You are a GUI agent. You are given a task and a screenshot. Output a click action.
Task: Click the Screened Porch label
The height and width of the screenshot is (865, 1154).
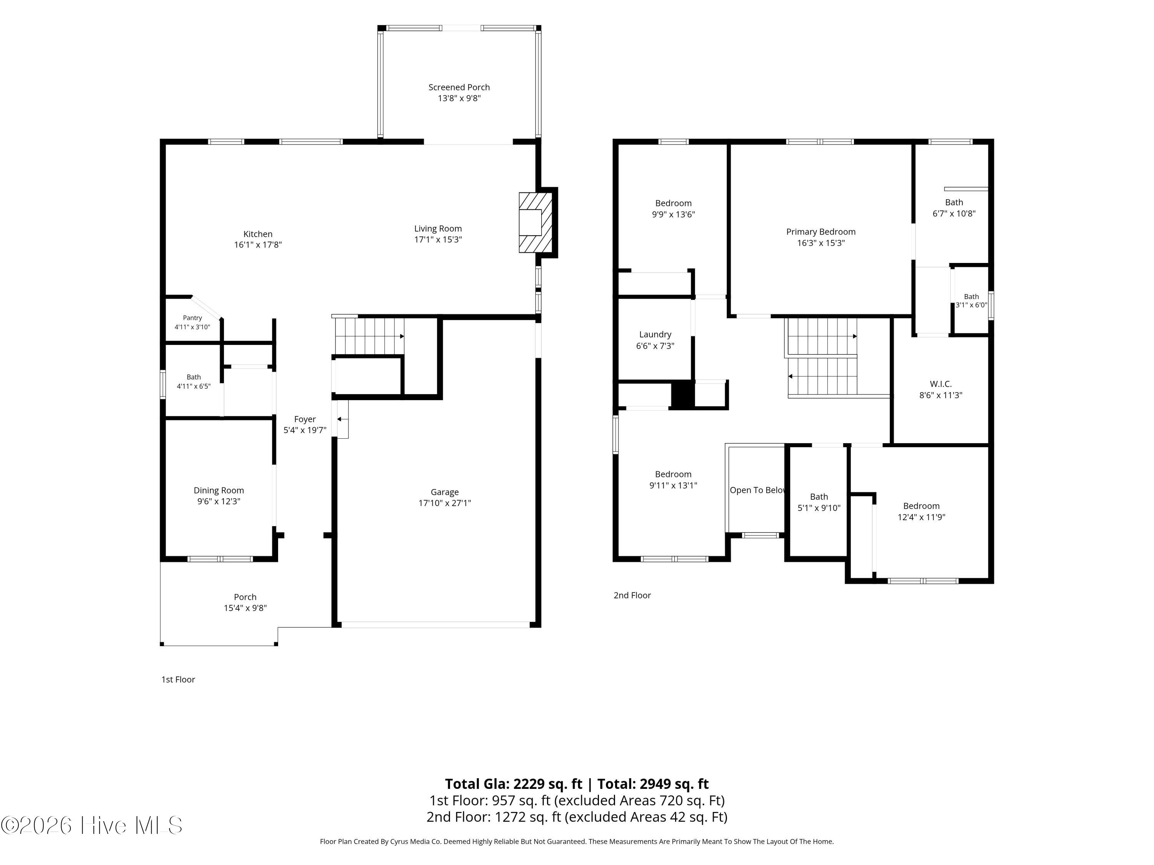pyautogui.click(x=459, y=87)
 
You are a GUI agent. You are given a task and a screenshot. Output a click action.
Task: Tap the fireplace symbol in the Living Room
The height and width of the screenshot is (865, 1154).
pyautogui.click(x=536, y=223)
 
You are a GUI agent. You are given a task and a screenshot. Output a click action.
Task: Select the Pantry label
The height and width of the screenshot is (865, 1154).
pyautogui.click(x=192, y=318)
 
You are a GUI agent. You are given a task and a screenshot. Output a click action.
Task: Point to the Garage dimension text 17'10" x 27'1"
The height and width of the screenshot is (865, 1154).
pyautogui.click(x=445, y=503)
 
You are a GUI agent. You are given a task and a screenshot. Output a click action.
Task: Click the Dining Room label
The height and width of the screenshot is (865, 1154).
pyautogui.click(x=218, y=490)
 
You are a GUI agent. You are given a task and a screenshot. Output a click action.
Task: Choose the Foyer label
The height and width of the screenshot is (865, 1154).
pyautogui.click(x=305, y=419)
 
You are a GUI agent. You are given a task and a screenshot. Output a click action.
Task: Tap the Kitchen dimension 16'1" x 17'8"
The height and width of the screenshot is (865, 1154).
pyautogui.click(x=258, y=245)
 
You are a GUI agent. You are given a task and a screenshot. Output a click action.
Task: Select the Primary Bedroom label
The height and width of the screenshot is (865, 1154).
pyautogui.click(x=820, y=231)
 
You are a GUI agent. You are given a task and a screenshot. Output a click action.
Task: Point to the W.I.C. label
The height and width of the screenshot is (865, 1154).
pyautogui.click(x=941, y=384)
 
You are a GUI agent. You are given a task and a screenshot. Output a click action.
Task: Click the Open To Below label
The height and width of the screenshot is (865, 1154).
pyautogui.click(x=757, y=490)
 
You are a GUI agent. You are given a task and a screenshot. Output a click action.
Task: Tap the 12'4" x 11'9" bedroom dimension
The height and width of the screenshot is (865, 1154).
pyautogui.click(x=921, y=517)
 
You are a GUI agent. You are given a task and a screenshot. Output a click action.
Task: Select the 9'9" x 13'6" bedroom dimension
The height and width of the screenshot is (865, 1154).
pyautogui.click(x=674, y=214)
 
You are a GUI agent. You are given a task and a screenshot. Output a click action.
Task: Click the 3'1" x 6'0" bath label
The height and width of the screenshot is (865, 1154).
pyautogui.click(x=971, y=305)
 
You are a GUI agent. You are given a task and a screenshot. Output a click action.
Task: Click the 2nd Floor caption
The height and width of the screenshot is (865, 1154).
pyautogui.click(x=632, y=595)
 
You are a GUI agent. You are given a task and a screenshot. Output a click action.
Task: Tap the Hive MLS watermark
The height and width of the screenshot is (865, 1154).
pyautogui.click(x=92, y=825)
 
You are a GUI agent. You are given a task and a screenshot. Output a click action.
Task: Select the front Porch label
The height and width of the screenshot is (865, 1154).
pyautogui.click(x=245, y=597)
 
